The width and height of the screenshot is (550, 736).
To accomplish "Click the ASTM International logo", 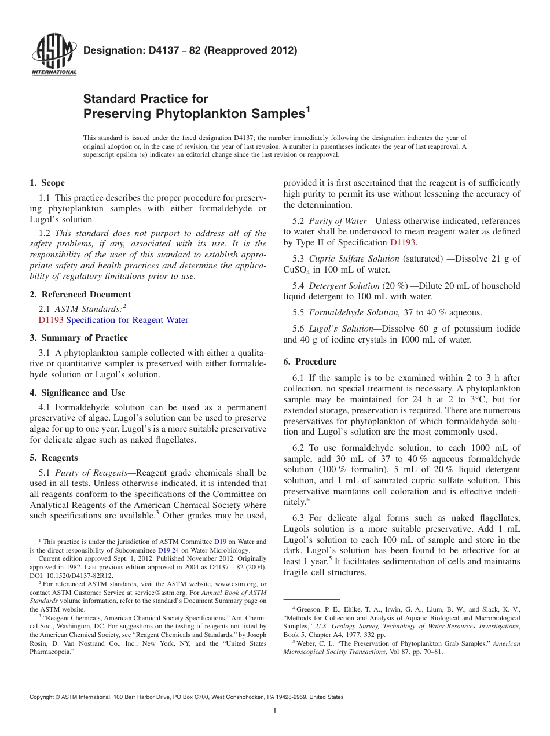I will [x=53, y=55].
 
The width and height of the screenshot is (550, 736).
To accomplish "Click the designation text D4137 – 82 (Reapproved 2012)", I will [x=190, y=50].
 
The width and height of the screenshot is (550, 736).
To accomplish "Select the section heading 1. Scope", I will [x=47, y=183].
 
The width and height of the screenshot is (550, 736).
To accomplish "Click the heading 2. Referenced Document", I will [x=80, y=294].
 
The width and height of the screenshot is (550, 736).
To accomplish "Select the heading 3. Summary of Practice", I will [x=79, y=338].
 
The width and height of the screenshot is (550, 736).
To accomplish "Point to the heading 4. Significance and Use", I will [x=78, y=393].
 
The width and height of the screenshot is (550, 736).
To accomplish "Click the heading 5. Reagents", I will [x=53, y=458].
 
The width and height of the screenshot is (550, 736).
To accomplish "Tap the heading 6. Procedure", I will [x=310, y=362].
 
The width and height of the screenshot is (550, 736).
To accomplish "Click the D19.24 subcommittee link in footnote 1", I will [x=168, y=550].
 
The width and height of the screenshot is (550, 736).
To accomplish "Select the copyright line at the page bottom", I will [x=186, y=697].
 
